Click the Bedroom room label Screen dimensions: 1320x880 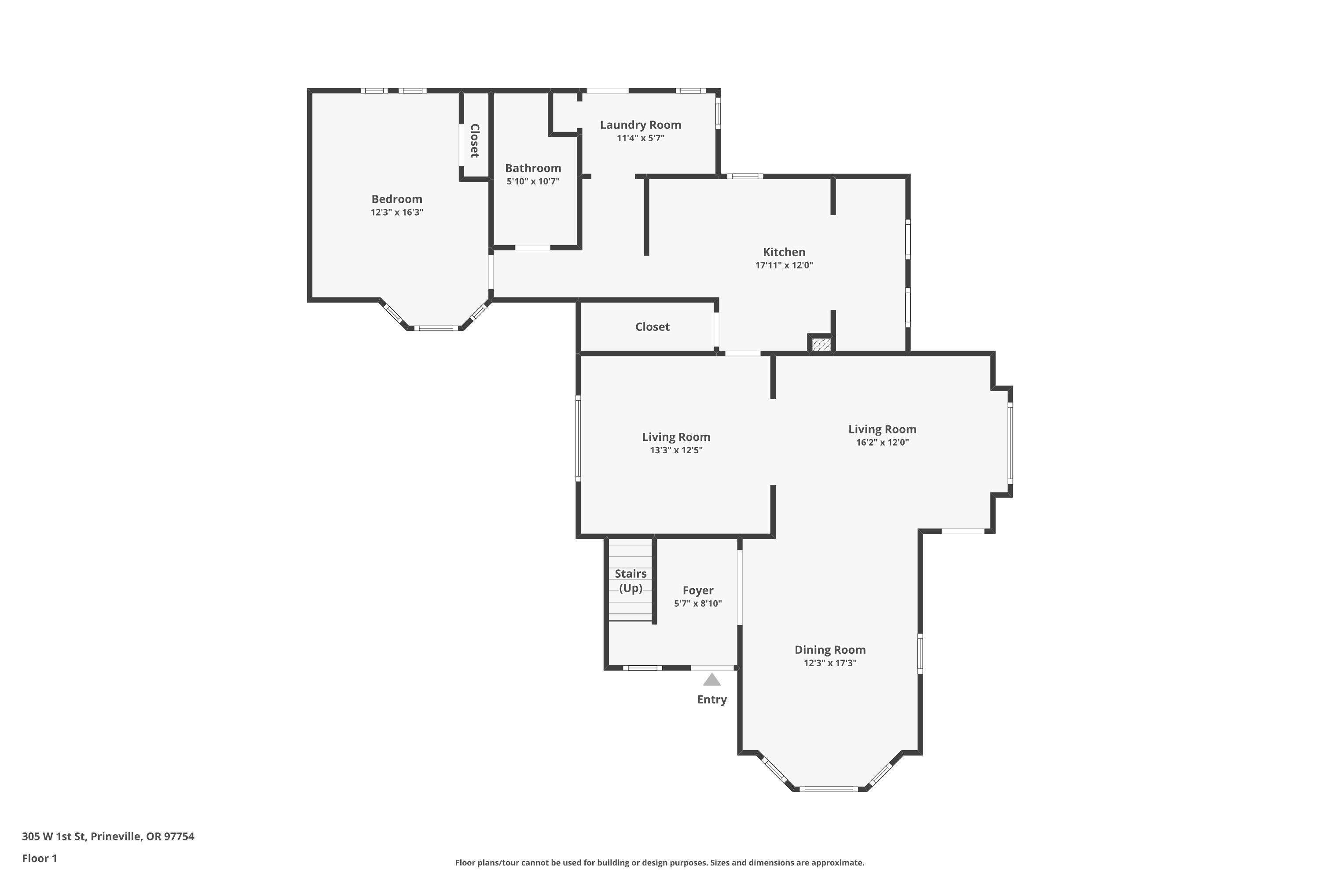pyautogui.click(x=397, y=199)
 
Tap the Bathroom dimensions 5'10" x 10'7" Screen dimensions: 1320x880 pyautogui.click(x=533, y=181)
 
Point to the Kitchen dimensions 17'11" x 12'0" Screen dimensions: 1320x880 pyautogui.click(x=784, y=265)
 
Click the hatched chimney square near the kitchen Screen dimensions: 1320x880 pyautogui.click(x=821, y=344)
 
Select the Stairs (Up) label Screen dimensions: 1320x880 pyautogui.click(x=631, y=581)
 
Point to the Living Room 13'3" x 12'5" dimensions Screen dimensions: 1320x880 pyautogui.click(x=676, y=450)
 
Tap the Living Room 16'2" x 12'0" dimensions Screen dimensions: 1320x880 pyautogui.click(x=882, y=442)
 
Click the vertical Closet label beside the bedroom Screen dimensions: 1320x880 pyautogui.click(x=475, y=140)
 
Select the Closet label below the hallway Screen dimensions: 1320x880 pyautogui.click(x=652, y=326)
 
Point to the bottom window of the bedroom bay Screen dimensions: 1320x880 pyautogui.click(x=436, y=328)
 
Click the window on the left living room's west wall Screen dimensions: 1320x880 pyautogui.click(x=578, y=438)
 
